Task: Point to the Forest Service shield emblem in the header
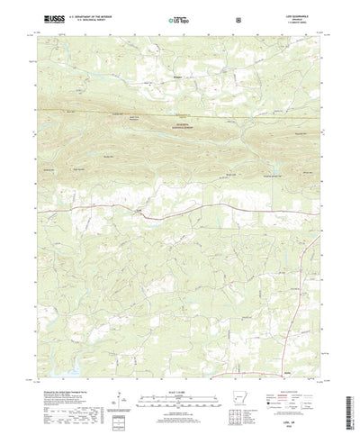pyautogui.click(x=237, y=18)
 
